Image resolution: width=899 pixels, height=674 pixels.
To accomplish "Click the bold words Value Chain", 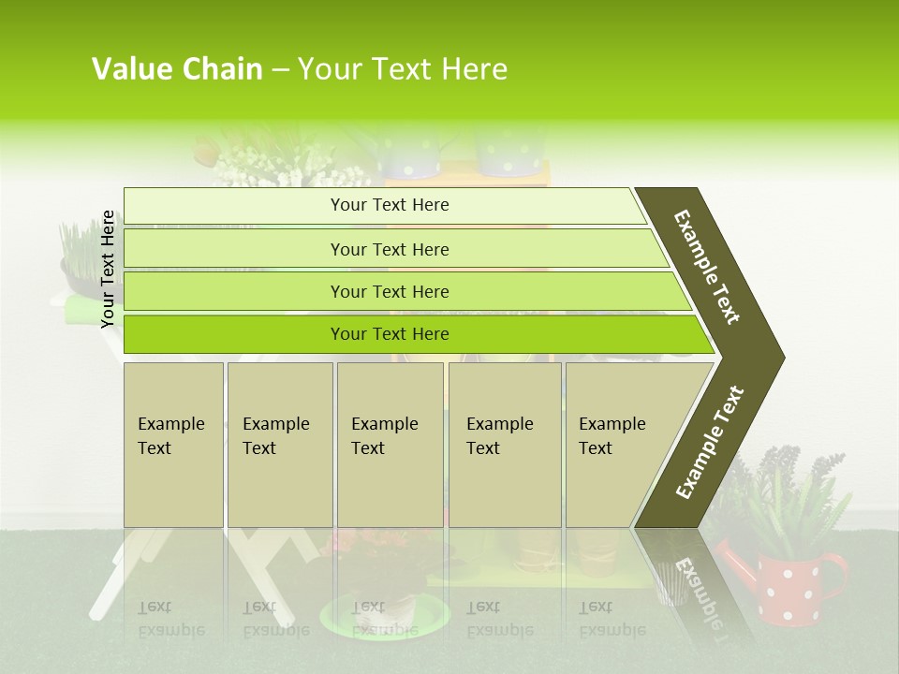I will pyautogui.click(x=177, y=69).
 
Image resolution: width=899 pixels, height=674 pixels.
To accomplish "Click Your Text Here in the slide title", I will pyautogui.click(x=403, y=69).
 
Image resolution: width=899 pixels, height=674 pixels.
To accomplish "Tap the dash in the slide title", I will pyautogui.click(x=280, y=70).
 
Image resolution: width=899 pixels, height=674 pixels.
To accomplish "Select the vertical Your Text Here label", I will pyautogui.click(x=109, y=269).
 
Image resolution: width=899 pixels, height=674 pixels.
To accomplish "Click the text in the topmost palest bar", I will pyautogui.click(x=390, y=205).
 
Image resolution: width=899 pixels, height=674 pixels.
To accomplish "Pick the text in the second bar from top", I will pyautogui.click(x=390, y=249).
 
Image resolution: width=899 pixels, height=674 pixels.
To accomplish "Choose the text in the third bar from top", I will pyautogui.click(x=390, y=291).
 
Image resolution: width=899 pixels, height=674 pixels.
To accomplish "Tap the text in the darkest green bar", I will pyautogui.click(x=390, y=333).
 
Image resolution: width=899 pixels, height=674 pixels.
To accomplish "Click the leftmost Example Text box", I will pyautogui.click(x=173, y=444).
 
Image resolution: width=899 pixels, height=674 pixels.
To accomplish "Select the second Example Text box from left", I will pyautogui.click(x=279, y=444).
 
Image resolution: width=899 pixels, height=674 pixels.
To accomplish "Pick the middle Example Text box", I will pyautogui.click(x=389, y=444).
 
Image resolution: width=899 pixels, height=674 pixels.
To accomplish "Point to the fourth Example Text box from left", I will pyautogui.click(x=504, y=444).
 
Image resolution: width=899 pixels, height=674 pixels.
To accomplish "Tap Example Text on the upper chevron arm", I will pyautogui.click(x=707, y=267).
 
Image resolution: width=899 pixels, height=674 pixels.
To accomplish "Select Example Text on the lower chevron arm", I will pyautogui.click(x=710, y=442).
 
